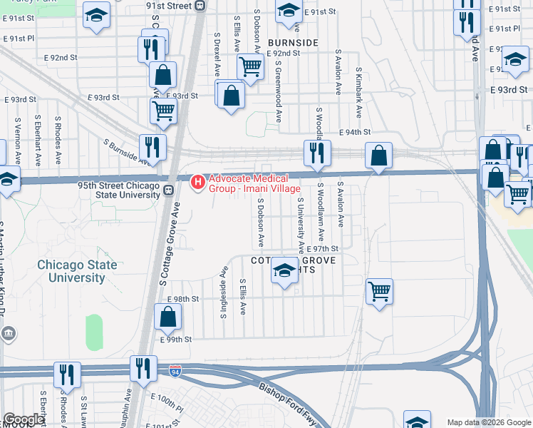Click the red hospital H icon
coord(198,183)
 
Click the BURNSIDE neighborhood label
coord(292,43)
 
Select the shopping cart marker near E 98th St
coord(380,291)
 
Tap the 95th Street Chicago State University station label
coord(119,189)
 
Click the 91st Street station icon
coord(200,6)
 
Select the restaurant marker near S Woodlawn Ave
coord(315,152)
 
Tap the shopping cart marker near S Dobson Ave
coord(250,68)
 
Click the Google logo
coord(23,419)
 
